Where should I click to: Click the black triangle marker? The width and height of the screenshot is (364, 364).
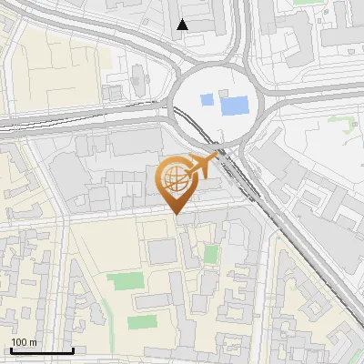[x=183, y=25]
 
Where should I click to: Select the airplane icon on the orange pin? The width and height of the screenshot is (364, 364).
[x=201, y=166]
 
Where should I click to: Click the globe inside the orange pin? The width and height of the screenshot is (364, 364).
[x=175, y=178]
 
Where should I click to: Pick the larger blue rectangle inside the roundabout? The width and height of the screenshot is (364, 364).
[x=235, y=105]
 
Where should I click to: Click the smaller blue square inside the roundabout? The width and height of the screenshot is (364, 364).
[x=207, y=99]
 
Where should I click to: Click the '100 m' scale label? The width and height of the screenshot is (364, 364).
[x=24, y=342]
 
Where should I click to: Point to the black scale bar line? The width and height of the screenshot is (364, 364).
[x=42, y=351]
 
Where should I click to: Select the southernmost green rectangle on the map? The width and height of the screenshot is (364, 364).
[x=141, y=322]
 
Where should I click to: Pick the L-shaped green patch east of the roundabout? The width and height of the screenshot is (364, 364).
[x=350, y=128]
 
